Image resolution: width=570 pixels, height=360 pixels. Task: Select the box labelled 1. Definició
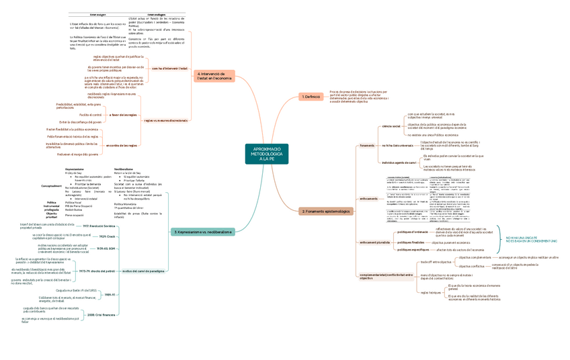pos(311,97)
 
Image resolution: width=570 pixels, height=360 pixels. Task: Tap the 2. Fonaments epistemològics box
pos(325,211)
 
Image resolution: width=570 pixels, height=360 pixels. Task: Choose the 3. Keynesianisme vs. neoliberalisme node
pos(203,232)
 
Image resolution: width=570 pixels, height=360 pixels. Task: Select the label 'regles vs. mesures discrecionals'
pos(165,120)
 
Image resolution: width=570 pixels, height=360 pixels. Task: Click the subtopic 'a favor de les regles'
pos(123,115)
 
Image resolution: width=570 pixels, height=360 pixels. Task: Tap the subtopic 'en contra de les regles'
pos(122,145)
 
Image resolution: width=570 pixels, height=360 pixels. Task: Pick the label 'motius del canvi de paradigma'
pos(143,271)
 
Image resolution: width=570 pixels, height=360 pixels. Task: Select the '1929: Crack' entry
pos(108,236)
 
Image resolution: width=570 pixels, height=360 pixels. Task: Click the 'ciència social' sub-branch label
pos(391,126)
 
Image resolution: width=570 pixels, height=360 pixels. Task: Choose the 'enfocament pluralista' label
pos(375,242)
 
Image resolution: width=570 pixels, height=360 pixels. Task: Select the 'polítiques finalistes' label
pos(409,242)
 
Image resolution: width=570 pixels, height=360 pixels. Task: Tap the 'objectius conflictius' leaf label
pos(471,267)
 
